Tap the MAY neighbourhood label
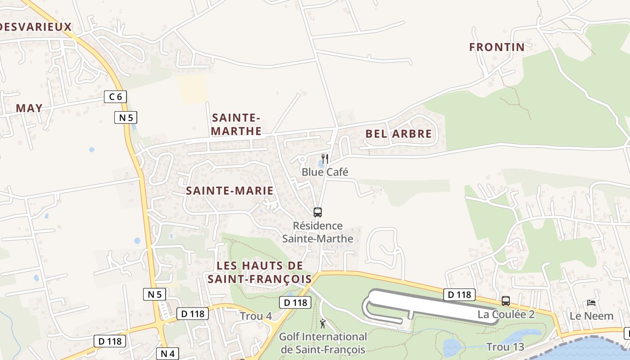click(29, 108)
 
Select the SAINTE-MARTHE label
click(236, 125)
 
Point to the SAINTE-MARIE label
click(229, 191)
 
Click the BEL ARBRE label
click(398, 134)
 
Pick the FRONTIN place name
click(497, 47)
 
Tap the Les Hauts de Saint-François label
click(259, 272)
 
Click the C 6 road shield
click(115, 96)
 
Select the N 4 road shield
click(167, 354)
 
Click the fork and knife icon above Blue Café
click(325, 159)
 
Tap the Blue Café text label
click(325, 172)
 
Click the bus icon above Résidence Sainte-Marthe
click(318, 212)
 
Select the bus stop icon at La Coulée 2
click(506, 301)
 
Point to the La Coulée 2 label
click(506, 314)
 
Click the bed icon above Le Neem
click(591, 303)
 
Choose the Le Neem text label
click(591, 316)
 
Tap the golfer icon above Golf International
click(323, 323)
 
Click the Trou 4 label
click(256, 316)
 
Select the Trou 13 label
click(505, 347)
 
